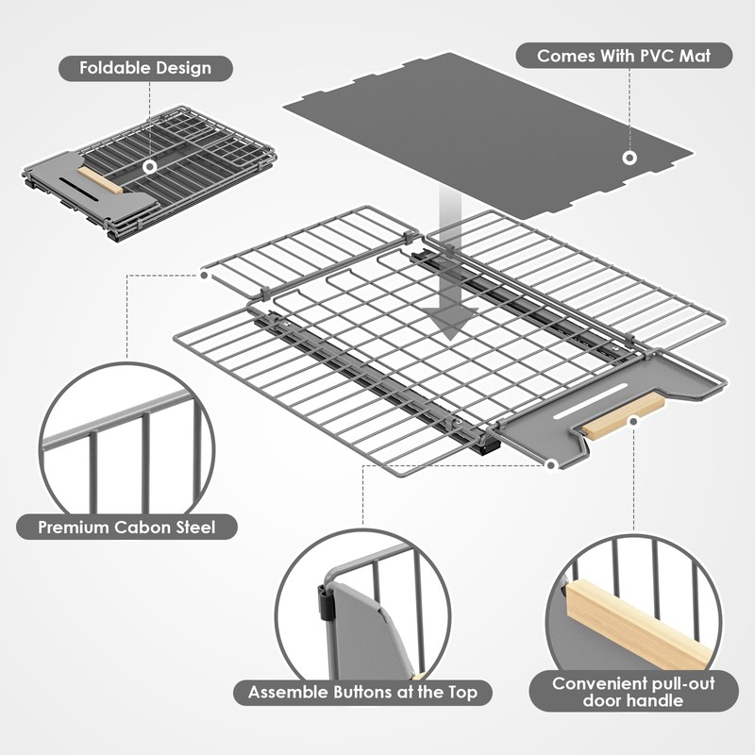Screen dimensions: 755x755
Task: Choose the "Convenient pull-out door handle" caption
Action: click(633, 692)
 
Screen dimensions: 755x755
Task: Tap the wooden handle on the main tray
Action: click(623, 416)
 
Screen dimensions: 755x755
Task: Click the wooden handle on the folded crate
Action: click(100, 180)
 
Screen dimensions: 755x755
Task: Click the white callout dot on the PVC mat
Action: click(629, 157)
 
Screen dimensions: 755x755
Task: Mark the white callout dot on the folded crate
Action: click(149, 167)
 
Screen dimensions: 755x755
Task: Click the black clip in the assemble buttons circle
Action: click(326, 600)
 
